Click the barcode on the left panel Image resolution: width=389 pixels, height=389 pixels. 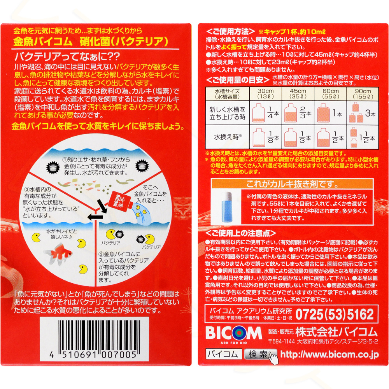(x=94, y=339)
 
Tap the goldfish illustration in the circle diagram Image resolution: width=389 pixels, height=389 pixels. (x=58, y=253)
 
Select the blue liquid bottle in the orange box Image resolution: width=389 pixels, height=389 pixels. (x=226, y=207)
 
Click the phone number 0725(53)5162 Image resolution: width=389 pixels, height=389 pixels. (x=335, y=315)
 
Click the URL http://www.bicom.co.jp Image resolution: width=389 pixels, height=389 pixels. (x=329, y=354)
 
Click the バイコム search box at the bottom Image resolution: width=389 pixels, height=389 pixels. (x=224, y=354)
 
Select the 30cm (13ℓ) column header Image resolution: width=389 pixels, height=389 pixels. (x=265, y=94)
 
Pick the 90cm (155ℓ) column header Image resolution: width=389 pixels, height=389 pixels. (x=363, y=94)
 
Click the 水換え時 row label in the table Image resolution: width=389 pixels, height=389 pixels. (x=228, y=137)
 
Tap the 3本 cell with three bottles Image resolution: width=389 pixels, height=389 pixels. (x=363, y=113)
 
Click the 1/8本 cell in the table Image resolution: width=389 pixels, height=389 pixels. (x=265, y=137)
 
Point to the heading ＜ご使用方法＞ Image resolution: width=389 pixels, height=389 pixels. (x=230, y=32)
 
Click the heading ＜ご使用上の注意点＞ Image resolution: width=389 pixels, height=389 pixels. (x=241, y=233)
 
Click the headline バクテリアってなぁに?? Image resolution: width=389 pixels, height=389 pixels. (x=67, y=56)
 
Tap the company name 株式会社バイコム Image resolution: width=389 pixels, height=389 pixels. (x=336, y=332)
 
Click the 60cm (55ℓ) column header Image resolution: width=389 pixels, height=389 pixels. (x=330, y=94)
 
